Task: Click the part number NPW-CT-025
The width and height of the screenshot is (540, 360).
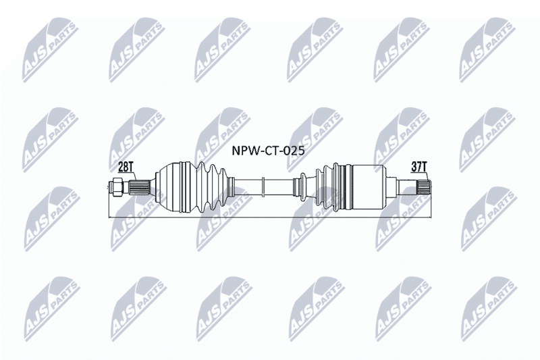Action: (268, 151)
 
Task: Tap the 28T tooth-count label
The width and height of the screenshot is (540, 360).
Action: (126, 167)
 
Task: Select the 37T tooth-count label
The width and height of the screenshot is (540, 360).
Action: (419, 167)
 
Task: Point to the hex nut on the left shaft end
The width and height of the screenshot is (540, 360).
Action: (117, 186)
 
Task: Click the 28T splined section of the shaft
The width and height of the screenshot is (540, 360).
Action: (140, 187)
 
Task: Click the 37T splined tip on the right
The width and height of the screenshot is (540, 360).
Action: (424, 187)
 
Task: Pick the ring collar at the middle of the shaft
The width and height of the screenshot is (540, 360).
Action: (263, 187)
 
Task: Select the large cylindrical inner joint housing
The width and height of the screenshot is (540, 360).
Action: (368, 187)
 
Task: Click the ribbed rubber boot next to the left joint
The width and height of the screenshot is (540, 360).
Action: (211, 187)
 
